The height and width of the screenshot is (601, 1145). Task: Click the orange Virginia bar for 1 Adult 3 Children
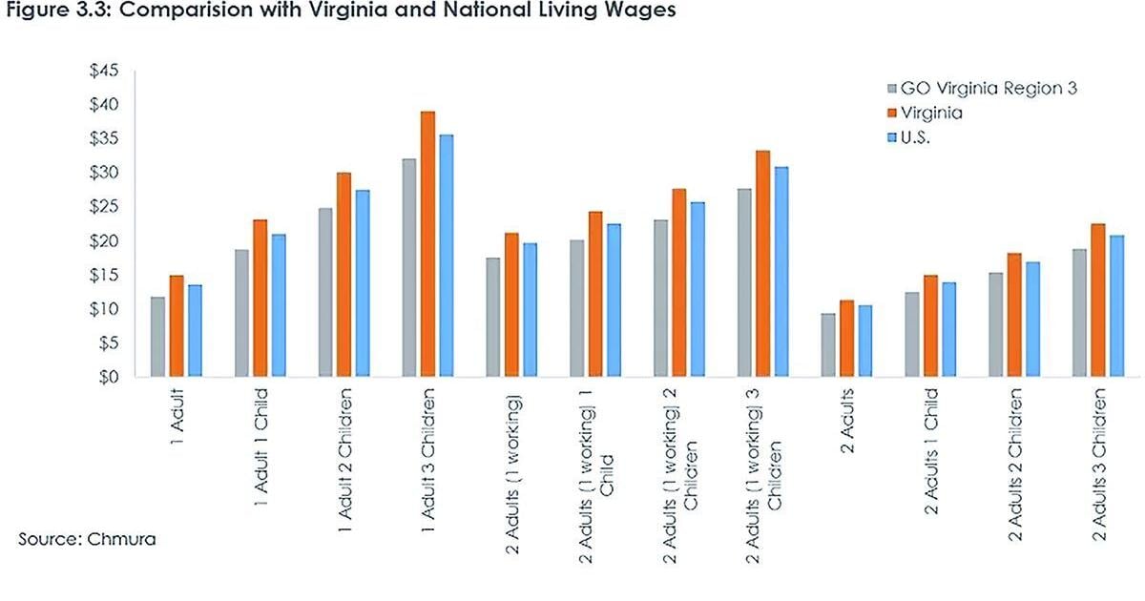tap(428, 244)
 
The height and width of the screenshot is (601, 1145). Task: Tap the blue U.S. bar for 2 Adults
tap(864, 341)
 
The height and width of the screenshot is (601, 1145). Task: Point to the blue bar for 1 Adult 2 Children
tap(362, 283)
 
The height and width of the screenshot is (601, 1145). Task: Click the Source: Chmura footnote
tap(87, 540)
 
